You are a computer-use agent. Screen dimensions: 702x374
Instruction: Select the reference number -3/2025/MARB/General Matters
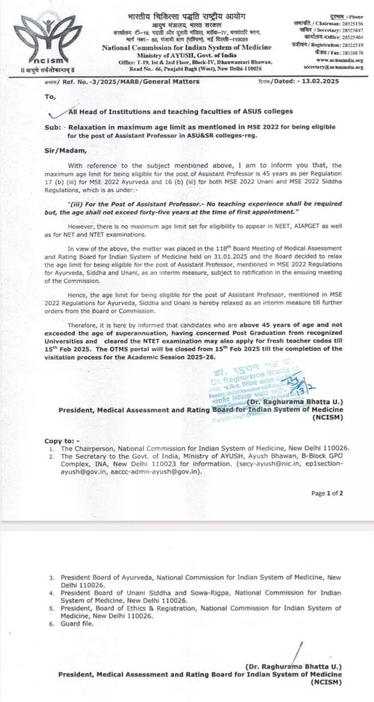click(144, 81)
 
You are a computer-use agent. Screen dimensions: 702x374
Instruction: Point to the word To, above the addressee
click(50, 96)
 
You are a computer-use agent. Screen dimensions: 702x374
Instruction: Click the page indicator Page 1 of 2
click(326, 493)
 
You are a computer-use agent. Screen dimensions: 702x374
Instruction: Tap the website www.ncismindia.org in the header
click(340, 60)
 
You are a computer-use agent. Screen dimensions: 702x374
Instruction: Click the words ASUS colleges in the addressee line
click(266, 111)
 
